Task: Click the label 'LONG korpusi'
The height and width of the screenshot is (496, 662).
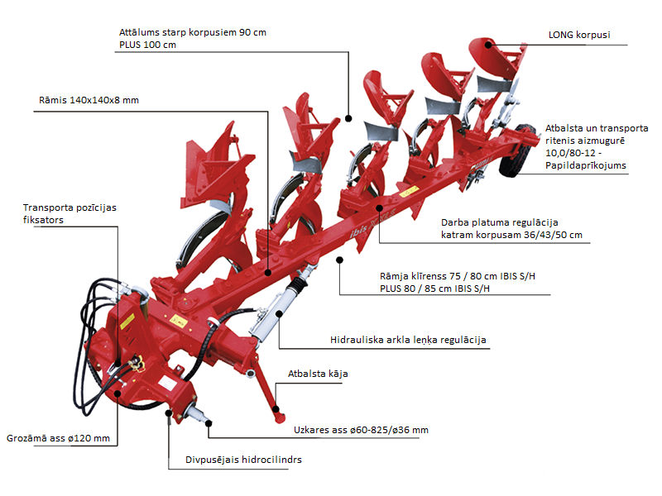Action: [x=578, y=36]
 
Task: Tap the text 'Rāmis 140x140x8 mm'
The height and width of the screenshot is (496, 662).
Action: [x=89, y=100]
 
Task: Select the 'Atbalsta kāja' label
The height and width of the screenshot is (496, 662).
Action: [x=318, y=374]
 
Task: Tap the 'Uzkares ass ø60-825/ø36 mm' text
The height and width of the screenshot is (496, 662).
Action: [x=361, y=430]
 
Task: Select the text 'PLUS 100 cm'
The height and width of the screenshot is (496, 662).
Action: [x=148, y=45]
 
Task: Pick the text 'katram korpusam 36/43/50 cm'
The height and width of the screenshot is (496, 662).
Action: [x=511, y=235]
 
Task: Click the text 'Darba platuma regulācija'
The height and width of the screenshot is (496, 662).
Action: [x=500, y=222]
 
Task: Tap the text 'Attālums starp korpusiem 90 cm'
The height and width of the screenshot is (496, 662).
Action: [x=193, y=31]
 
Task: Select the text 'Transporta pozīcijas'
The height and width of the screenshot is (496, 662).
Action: [x=70, y=207]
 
